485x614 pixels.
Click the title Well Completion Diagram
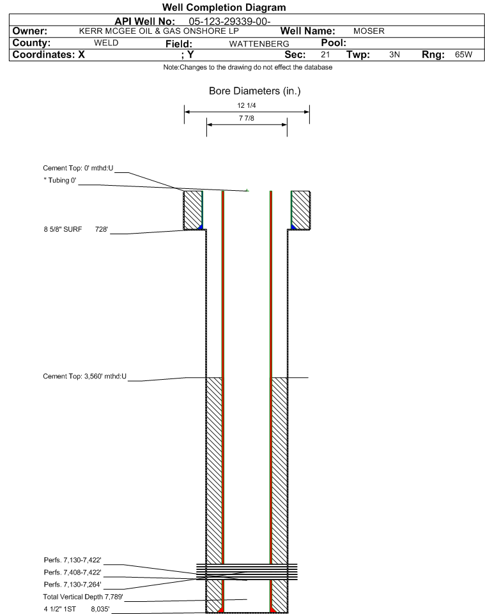click(224, 8)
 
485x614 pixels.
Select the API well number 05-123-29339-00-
click(230, 21)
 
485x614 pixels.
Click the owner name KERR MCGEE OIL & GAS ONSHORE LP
click(159, 31)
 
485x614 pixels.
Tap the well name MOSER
click(369, 31)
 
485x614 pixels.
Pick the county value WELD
click(106, 43)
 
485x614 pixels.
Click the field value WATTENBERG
click(259, 44)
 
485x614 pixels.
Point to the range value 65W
click(463, 54)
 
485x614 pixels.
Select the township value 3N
click(394, 54)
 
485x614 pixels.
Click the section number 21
click(325, 54)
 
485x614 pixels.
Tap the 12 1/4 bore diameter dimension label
click(247, 105)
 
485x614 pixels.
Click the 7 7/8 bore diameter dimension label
click(247, 118)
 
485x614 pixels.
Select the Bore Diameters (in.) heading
click(255, 91)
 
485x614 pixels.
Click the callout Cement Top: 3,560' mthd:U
click(85, 377)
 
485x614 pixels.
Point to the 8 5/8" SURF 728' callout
click(75, 229)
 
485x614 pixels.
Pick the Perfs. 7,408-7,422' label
click(73, 572)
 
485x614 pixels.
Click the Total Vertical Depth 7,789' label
click(83, 597)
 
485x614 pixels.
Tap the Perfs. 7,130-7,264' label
click(73, 584)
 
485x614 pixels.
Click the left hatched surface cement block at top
click(193, 210)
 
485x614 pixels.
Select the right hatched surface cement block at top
click(301, 210)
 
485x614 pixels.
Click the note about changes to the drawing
click(248, 68)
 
